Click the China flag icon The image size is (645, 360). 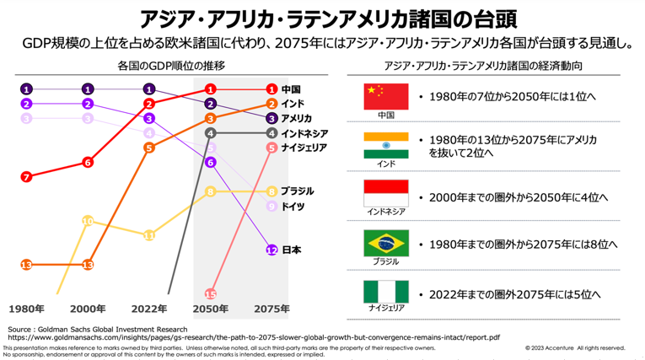[385, 95]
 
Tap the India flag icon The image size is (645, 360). [385, 144]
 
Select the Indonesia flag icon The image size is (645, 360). [385, 193]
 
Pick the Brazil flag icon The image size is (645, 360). [385, 243]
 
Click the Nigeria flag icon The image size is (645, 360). [385, 292]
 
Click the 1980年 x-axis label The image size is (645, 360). [27, 309]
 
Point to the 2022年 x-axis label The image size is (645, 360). [149, 309]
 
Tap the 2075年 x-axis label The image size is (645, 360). [271, 309]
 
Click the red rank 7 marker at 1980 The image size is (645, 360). [27, 177]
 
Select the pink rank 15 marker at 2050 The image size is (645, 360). [211, 293]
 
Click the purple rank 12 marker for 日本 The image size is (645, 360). [271, 250]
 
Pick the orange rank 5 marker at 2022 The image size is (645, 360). [149, 148]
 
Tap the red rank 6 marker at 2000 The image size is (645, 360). [89, 162]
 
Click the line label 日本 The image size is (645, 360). [291, 250]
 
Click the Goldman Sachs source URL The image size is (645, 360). [253, 336]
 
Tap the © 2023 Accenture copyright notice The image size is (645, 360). [574, 347]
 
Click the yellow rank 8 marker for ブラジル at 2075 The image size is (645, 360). [271, 191]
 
